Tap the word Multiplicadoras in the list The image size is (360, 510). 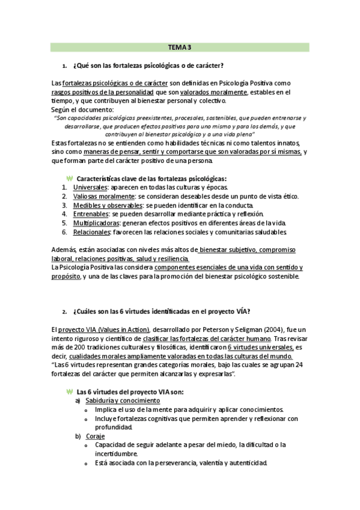97,223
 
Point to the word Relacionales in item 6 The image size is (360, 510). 93,232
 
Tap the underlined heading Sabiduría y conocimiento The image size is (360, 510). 118,401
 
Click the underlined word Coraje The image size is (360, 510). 95,436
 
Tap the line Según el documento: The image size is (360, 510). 82,110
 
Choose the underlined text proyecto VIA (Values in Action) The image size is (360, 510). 99,330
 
